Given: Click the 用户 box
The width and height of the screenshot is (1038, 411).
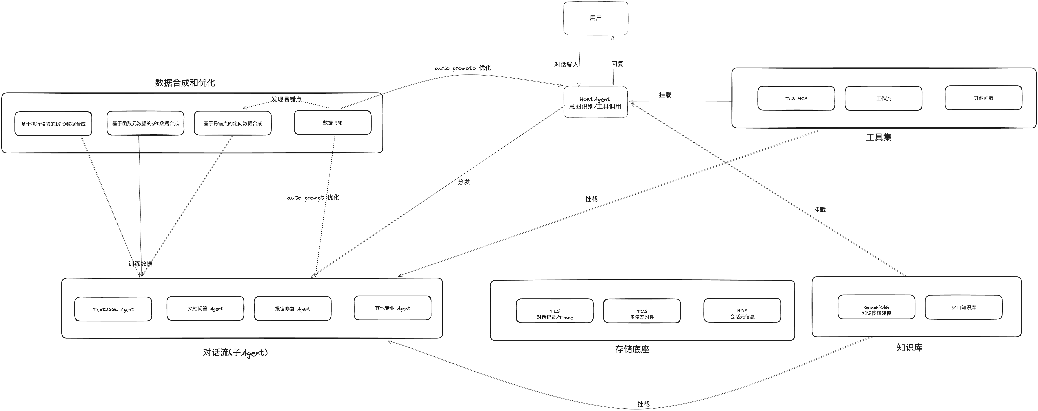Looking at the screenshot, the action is coord(596,18).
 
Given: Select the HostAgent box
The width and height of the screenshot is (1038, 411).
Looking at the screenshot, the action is coord(596,102).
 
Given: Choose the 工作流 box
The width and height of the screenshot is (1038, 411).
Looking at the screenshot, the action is coord(883,98).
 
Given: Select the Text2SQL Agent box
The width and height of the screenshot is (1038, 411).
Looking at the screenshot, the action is coord(113,309).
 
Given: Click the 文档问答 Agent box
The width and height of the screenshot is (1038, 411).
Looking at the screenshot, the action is coord(205,308).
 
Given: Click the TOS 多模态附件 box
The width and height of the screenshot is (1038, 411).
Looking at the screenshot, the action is coord(642,311).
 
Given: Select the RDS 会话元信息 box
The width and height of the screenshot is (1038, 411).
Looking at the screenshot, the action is coord(742,310).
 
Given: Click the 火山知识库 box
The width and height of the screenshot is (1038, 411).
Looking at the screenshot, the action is coord(963,307).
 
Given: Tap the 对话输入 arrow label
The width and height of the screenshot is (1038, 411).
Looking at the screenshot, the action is coord(566,64).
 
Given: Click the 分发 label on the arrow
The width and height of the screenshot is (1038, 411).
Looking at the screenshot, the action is coord(464,182).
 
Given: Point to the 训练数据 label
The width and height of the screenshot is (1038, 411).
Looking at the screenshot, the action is coord(140,264).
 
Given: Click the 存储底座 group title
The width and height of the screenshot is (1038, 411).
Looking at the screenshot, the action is coord(632,349).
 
